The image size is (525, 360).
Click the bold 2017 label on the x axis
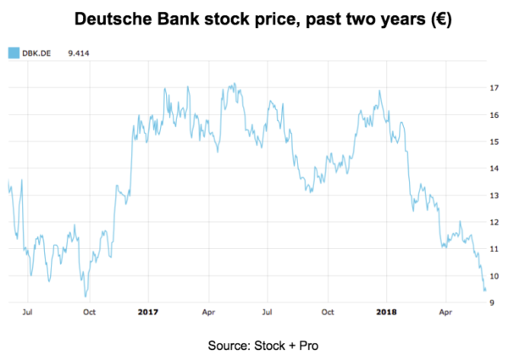pyautogui.click(x=147, y=312)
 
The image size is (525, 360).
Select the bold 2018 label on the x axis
pyautogui.click(x=386, y=312)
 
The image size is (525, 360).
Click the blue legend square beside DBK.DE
pyautogui.click(x=14, y=53)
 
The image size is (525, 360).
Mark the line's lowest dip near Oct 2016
pyautogui.click(x=86, y=296)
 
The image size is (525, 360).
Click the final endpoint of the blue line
pyautogui.click(x=485, y=291)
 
